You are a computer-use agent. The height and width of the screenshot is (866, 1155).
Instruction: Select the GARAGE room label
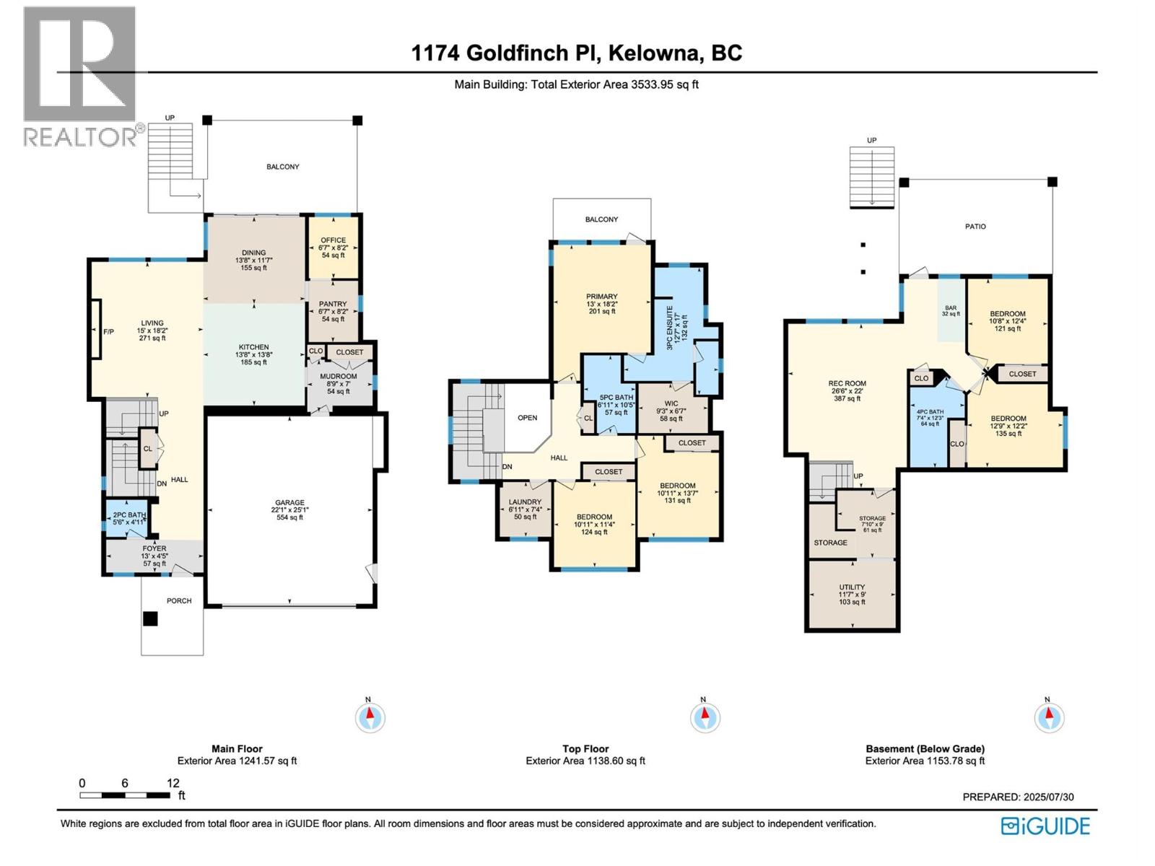coord(289,503)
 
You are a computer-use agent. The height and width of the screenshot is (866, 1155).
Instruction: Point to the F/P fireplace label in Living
coord(108,332)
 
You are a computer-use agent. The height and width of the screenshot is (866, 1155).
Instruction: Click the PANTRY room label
coord(333,304)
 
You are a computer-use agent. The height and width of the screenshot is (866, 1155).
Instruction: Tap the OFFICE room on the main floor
coord(333,247)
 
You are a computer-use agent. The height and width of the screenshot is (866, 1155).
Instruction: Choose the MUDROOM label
coord(339,377)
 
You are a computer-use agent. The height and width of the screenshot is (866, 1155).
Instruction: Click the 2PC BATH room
coord(126,518)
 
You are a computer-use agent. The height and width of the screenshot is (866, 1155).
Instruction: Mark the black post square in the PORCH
coord(150,619)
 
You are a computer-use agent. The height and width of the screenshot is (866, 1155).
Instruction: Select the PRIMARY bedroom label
coord(601,297)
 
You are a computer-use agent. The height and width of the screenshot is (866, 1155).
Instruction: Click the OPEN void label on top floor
coord(527,418)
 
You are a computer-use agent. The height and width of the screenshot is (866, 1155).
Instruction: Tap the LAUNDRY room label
coord(525,502)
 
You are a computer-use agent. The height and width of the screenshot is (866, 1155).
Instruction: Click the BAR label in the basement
coord(951,308)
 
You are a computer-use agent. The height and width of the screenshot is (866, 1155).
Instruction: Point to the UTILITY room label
coord(852,587)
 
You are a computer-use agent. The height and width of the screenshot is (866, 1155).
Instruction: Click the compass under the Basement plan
coord(1049,717)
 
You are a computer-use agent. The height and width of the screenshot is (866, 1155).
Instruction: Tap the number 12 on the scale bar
coord(173,783)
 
